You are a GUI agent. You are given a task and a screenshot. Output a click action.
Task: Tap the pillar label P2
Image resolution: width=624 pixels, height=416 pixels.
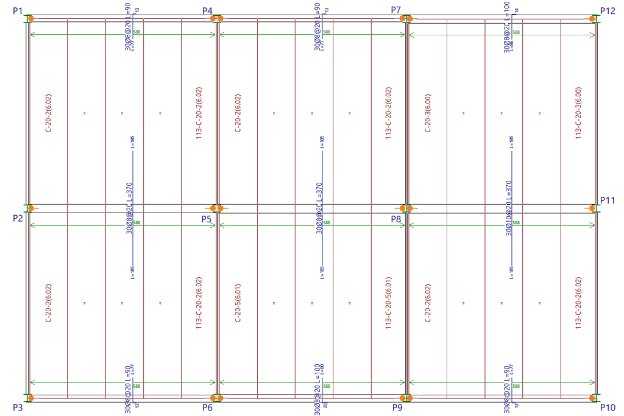[16, 218]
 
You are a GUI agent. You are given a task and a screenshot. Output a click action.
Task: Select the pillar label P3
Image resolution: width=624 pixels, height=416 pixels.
[16, 407]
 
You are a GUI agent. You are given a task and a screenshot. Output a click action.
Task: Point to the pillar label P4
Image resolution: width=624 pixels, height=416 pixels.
[208, 11]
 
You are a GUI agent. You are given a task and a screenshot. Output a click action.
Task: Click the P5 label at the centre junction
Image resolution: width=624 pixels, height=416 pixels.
[208, 218]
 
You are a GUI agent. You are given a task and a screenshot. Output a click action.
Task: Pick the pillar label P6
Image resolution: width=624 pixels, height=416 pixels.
[208, 407]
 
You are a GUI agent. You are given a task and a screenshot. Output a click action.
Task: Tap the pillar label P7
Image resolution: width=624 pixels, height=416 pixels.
[396, 10]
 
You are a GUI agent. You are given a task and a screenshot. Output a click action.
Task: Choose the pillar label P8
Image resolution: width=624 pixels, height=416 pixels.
[396, 218]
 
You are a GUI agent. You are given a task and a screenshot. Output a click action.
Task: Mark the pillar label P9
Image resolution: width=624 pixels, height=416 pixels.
[397, 407]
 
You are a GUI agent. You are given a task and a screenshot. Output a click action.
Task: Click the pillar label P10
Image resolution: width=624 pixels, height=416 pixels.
[608, 407]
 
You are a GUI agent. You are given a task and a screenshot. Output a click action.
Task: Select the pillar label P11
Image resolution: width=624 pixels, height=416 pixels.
[608, 200]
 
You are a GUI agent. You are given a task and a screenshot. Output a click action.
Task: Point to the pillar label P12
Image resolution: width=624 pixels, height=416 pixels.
[608, 10]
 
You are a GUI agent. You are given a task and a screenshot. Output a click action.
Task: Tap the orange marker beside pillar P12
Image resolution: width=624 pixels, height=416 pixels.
[591, 18]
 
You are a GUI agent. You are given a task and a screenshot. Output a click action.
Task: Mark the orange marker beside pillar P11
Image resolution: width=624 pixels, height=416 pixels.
[591, 208]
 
